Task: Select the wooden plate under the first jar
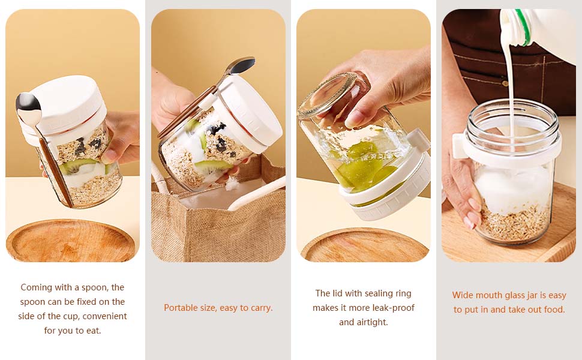(70, 241)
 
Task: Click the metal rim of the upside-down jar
(328, 95)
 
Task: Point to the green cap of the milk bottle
(524, 26)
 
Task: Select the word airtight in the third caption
(372, 322)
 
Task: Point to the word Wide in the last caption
(463, 295)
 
